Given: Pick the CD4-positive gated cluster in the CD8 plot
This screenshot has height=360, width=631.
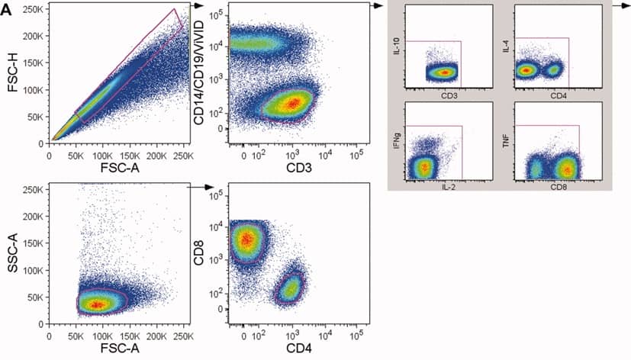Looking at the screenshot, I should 290,288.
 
